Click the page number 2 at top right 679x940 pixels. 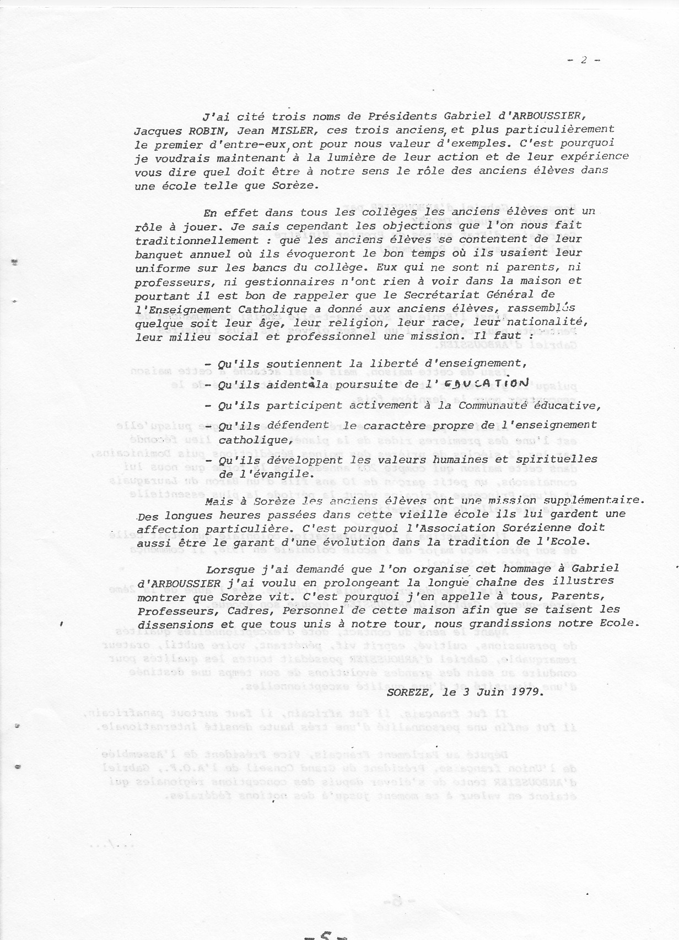(584, 61)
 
